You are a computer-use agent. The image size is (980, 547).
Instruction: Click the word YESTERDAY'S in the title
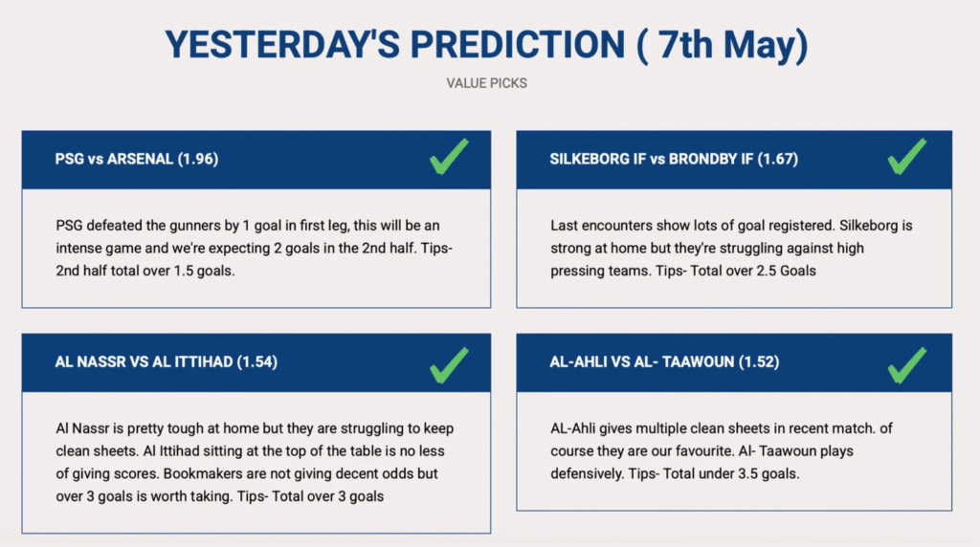pos(282,45)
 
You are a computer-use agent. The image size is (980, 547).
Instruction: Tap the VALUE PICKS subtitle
pos(487,83)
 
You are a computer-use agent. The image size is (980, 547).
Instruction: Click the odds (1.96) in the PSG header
pos(198,160)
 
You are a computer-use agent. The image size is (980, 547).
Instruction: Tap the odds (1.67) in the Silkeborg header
pos(777,160)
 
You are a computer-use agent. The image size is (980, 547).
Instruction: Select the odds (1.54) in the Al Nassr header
pos(256,362)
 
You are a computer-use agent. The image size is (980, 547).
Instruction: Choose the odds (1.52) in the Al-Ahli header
pos(759,362)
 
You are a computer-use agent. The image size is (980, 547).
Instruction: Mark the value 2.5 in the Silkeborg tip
pos(767,271)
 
